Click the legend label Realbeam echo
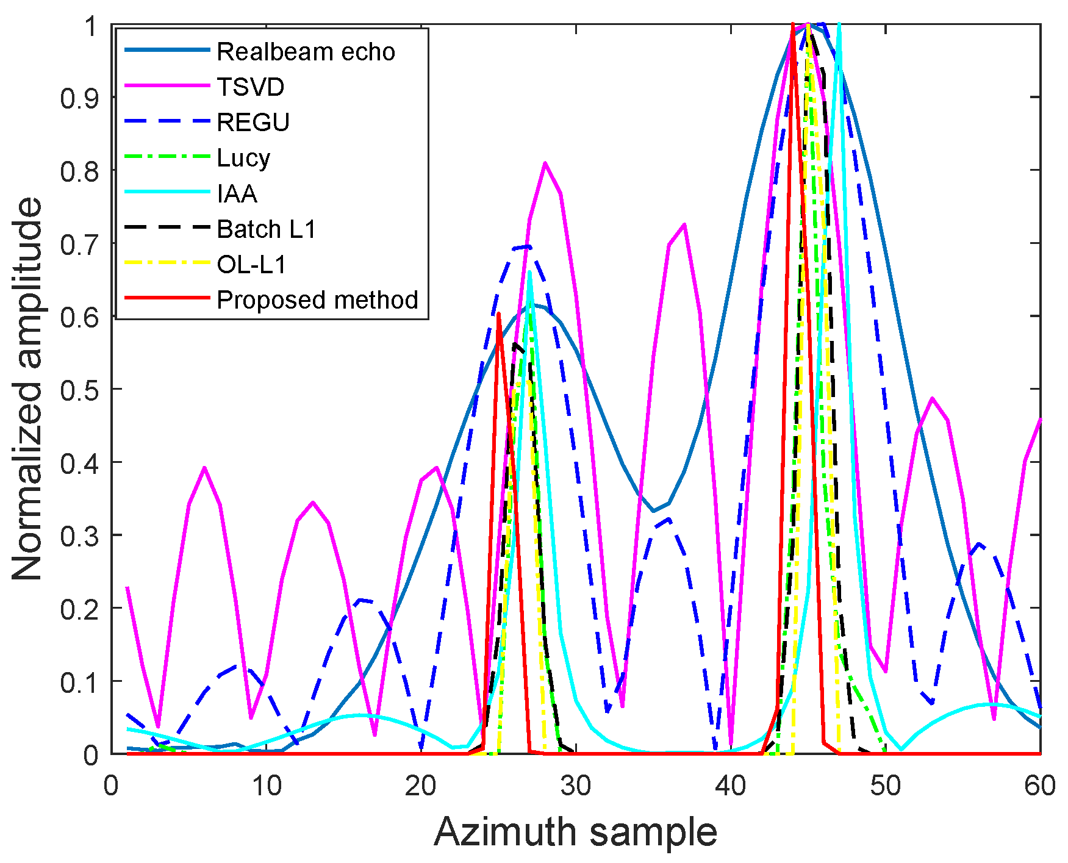[306, 52]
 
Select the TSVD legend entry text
[251, 87]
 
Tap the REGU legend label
[253, 123]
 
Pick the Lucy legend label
[243, 158]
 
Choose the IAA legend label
[237, 194]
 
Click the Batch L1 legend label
[267, 229]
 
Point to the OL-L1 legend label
[251, 265]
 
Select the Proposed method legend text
[317, 300]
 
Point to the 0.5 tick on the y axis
[79, 390]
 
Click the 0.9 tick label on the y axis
[79, 98]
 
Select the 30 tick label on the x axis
[576, 786]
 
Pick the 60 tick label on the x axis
[1040, 786]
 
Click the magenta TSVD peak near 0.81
[545, 163]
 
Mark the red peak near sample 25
[498, 314]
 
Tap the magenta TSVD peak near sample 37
[684, 224]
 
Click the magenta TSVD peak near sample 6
[204, 468]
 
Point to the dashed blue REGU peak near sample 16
[362, 600]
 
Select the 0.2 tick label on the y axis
[79, 609]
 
